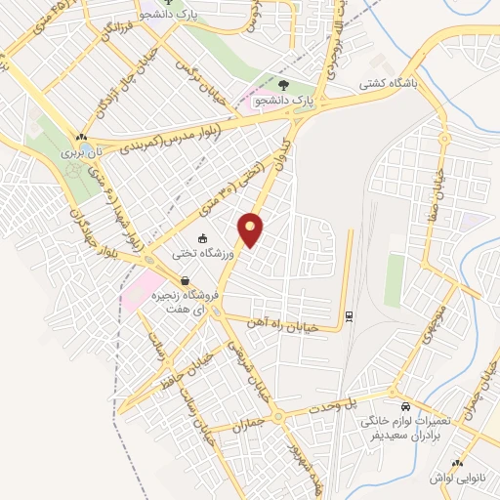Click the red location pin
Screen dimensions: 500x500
(252, 229)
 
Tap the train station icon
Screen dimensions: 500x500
(349, 315)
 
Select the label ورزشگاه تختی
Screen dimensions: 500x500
(201, 255)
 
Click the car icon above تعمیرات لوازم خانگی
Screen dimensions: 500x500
(405, 404)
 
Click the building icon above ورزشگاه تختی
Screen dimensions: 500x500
(203, 238)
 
